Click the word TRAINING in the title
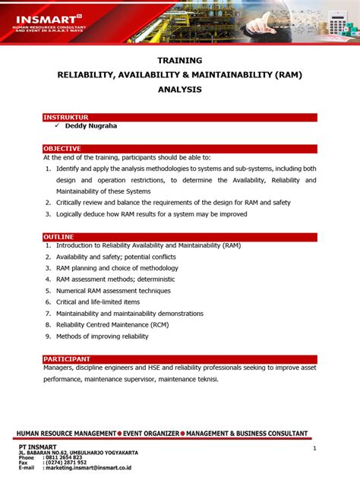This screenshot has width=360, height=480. pos(180,59)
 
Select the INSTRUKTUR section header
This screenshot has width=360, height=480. pos(66,117)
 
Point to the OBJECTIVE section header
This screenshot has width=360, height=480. pos(62,148)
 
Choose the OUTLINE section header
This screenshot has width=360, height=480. pos(58,237)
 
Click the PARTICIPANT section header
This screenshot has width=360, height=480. pos(67,358)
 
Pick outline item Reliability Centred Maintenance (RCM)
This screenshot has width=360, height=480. pos(112,324)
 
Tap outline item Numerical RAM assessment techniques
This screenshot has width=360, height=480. pos(113,290)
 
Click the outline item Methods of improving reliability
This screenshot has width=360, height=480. pos(103,336)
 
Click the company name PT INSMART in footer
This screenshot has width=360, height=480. pos(38,447)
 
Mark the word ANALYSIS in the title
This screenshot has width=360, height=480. pos(180,90)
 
